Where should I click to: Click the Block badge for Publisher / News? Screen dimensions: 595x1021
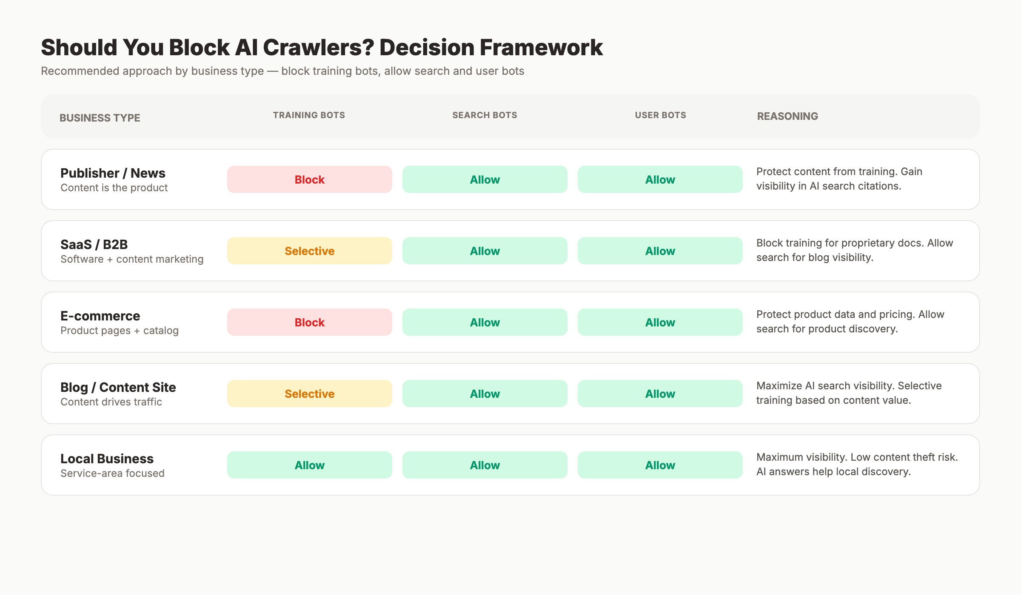[x=309, y=179]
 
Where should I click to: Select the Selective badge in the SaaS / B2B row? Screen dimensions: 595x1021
[x=309, y=251]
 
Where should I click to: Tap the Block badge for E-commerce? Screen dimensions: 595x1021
[x=309, y=322]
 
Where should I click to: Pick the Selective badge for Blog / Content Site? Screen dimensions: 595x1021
[x=309, y=394]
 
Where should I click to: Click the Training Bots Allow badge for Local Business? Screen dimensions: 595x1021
[x=309, y=465]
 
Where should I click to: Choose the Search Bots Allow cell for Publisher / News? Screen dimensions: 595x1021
[x=485, y=179]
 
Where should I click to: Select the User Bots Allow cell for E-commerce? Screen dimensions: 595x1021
[x=660, y=322]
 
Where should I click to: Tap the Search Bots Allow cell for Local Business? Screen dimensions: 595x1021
[x=485, y=465]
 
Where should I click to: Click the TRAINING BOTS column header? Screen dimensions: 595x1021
[x=309, y=115]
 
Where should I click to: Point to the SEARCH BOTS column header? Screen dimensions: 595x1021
[x=485, y=115]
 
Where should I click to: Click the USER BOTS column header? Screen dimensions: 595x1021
[x=660, y=115]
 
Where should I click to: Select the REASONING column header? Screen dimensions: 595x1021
[x=787, y=116]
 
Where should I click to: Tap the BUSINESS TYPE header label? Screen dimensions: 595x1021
[x=100, y=118]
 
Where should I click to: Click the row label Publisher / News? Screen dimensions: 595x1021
[x=113, y=173]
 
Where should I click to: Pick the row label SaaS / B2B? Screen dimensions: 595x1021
[x=94, y=244]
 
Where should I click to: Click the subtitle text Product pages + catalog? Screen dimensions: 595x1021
[x=120, y=331]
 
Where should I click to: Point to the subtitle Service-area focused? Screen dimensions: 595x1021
[x=112, y=473]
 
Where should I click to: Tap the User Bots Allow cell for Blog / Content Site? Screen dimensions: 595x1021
[x=660, y=394]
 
